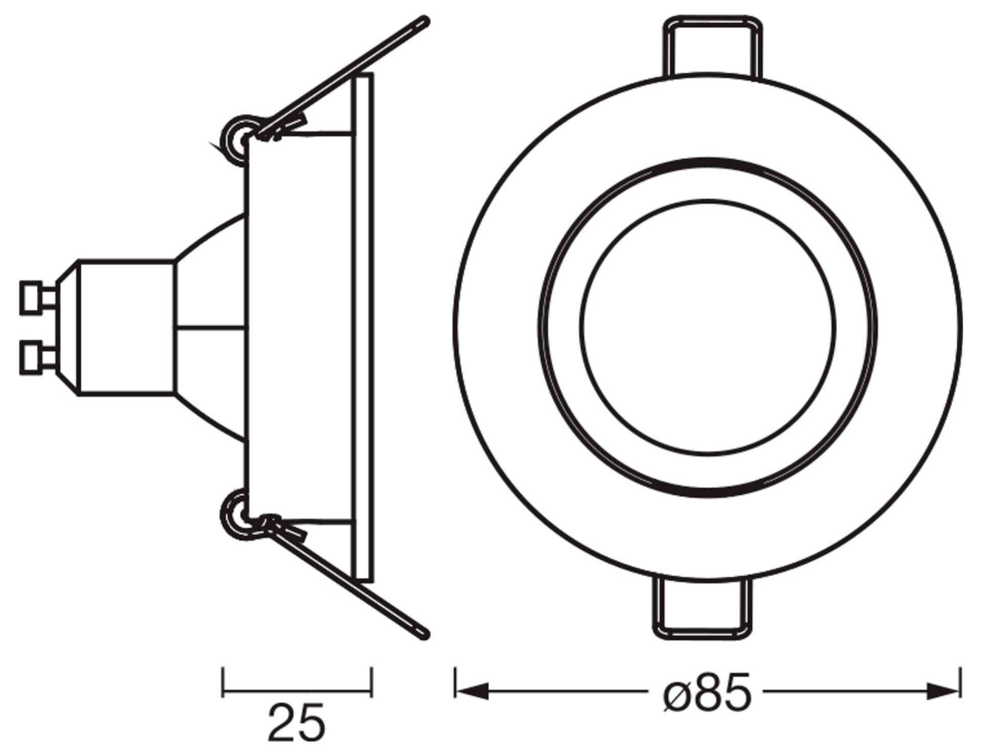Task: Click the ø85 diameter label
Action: [x=707, y=693]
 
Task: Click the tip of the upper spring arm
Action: [x=423, y=21]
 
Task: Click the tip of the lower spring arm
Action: [x=423, y=634]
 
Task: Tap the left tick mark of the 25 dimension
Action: [x=223, y=681]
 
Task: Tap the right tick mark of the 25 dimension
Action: [x=371, y=681]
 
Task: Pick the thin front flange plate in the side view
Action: [x=364, y=327]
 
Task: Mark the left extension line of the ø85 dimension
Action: [x=455, y=681]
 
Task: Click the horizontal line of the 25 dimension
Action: [x=296, y=693]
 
